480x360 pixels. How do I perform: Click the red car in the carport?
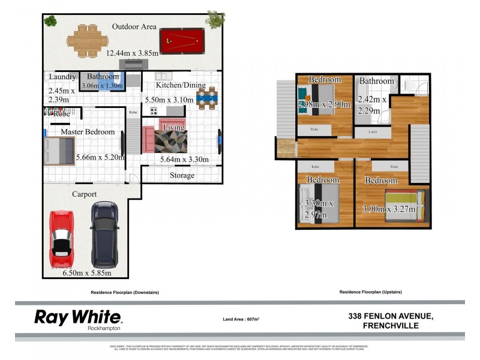pyautogui.click(x=62, y=239)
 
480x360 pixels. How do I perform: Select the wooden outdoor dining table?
pyautogui.click(x=87, y=40)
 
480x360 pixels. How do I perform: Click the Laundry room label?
pyautogui.click(x=62, y=77)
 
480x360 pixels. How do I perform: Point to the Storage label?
pyautogui.click(x=182, y=175)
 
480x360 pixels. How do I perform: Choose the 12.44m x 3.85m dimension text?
pyautogui.click(x=133, y=53)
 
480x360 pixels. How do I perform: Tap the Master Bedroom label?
pyautogui.click(x=88, y=131)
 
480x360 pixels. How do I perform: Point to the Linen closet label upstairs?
pyautogui.click(x=373, y=131)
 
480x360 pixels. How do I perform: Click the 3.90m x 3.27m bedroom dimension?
pyautogui.click(x=389, y=209)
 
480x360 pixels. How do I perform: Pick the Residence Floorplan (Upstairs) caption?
pyautogui.click(x=370, y=292)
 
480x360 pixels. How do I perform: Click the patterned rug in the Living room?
pyautogui.click(x=170, y=141)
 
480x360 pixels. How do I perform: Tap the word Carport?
pyautogui.click(x=85, y=194)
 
